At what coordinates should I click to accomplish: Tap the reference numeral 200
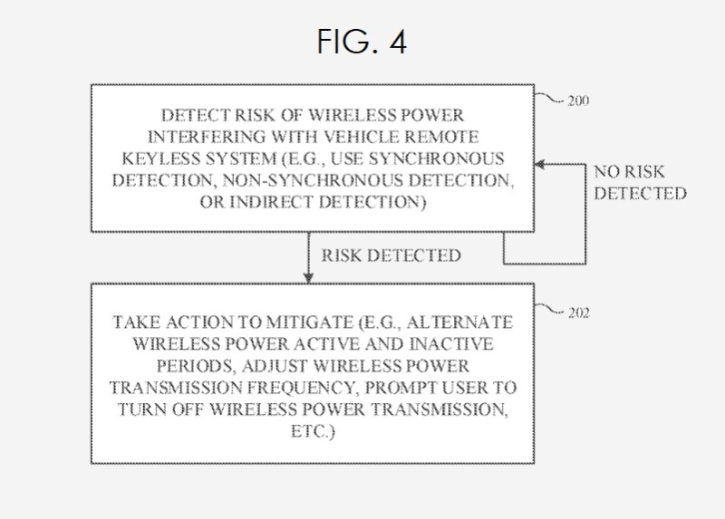[x=575, y=101]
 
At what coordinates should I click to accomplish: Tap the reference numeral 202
[x=575, y=314]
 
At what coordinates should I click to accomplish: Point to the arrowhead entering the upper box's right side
[x=538, y=163]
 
